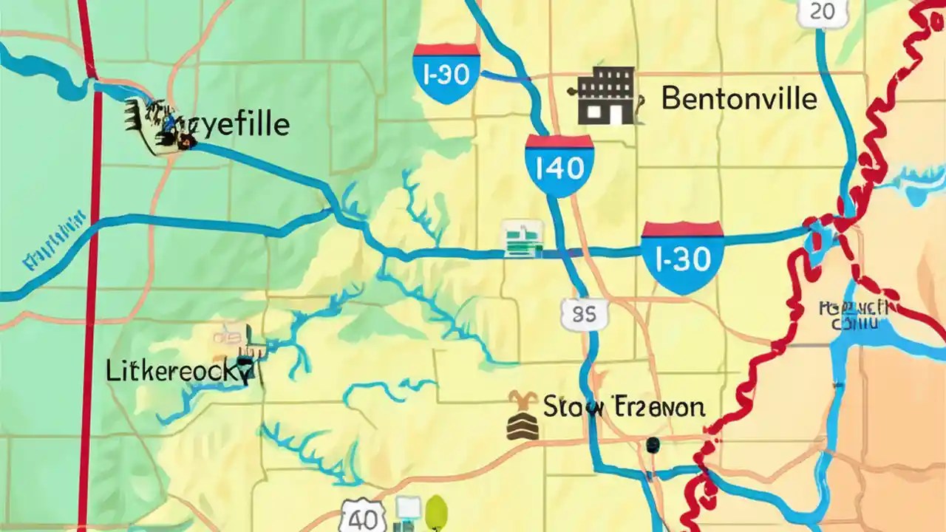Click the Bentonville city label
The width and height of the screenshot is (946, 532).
739,98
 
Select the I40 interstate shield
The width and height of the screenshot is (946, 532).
559,166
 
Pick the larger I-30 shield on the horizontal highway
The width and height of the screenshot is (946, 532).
682,257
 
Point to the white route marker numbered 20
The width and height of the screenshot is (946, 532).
822,13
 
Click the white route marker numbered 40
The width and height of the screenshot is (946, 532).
354,514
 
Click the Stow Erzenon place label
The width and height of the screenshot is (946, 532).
624,406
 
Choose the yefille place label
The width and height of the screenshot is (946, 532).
244,125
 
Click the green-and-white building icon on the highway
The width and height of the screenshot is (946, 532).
523,239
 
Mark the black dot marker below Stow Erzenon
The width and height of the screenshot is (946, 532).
652,444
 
